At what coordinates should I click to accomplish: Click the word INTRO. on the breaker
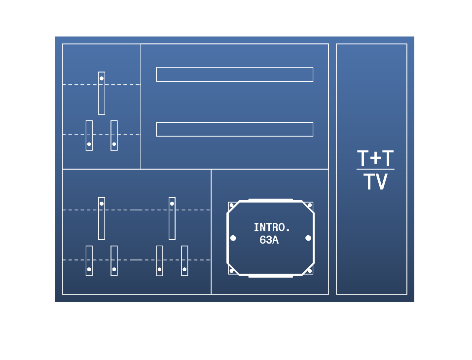[x=272, y=227]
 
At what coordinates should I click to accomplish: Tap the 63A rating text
[x=269, y=240]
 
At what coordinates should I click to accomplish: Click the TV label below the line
[x=375, y=181]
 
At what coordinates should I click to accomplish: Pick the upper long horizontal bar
[x=234, y=74]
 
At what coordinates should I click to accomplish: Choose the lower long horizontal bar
[x=234, y=129]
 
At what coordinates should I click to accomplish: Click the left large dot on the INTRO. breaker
[x=233, y=238]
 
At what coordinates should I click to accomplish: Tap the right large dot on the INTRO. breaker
[x=308, y=238]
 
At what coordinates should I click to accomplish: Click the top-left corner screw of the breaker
[x=231, y=205]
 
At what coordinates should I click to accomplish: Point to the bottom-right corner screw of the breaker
[x=310, y=271]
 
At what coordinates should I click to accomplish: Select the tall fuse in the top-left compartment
[x=102, y=93]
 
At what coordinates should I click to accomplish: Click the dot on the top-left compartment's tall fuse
[x=102, y=78]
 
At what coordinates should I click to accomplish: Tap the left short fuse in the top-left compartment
[x=89, y=136]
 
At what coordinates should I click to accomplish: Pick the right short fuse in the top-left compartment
[x=114, y=136]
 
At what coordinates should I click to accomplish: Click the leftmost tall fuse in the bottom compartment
[x=102, y=218]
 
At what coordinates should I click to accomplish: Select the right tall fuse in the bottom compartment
[x=172, y=218]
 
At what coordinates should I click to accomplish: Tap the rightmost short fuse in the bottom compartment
[x=184, y=261]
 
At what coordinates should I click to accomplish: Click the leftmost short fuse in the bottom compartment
[x=89, y=261]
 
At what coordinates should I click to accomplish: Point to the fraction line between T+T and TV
[x=375, y=169]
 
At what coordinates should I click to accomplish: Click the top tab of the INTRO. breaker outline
[x=271, y=200]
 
